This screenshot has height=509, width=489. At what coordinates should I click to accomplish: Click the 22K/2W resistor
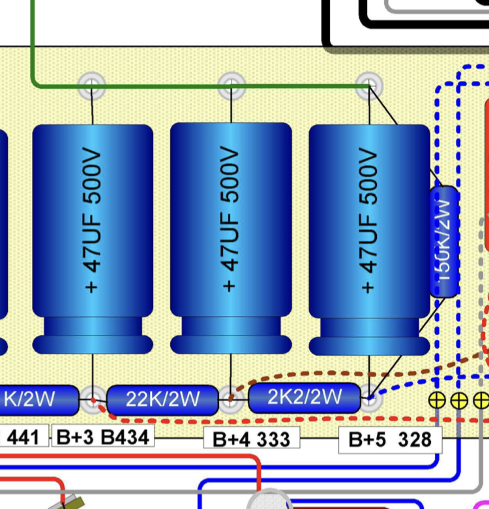tap(162, 399)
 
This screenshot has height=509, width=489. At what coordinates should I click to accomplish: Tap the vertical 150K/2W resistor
tap(445, 241)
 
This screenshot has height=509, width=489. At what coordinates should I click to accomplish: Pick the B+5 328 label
tap(390, 439)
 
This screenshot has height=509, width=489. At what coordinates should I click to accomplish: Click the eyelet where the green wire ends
tap(369, 85)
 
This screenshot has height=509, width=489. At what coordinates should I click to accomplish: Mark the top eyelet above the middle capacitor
tap(231, 84)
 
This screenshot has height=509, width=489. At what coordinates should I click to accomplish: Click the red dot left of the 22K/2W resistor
tap(93, 399)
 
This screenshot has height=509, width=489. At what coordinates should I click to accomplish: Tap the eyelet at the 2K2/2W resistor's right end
tap(370, 397)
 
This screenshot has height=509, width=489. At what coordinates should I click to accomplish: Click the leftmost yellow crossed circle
tap(437, 399)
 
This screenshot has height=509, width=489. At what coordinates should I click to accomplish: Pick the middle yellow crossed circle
tap(459, 399)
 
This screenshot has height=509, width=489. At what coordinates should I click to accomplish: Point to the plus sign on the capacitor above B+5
tap(369, 286)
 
